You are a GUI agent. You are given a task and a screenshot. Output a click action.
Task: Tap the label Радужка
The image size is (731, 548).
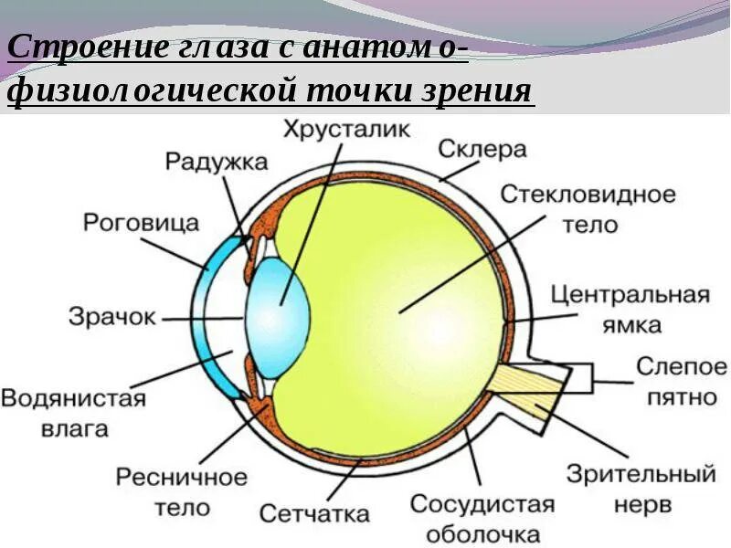[x=217, y=163]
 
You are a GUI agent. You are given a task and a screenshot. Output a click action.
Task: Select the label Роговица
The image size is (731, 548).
[x=141, y=222]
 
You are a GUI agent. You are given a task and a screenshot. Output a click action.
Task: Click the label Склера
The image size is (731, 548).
[x=482, y=148]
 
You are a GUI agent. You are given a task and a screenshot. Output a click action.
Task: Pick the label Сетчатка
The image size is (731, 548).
[x=314, y=512]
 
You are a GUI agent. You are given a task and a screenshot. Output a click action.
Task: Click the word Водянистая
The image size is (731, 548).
[x=73, y=399]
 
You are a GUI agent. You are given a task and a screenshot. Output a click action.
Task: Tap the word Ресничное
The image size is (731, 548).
[x=182, y=478]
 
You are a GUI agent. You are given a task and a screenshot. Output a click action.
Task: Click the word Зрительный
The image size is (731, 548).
[x=641, y=474]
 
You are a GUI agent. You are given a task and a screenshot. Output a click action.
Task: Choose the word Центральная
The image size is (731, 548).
[x=631, y=295]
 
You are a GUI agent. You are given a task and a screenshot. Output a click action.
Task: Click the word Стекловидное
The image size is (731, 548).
[x=588, y=195]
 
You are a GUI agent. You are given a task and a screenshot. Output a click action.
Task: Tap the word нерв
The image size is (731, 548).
[x=642, y=503]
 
